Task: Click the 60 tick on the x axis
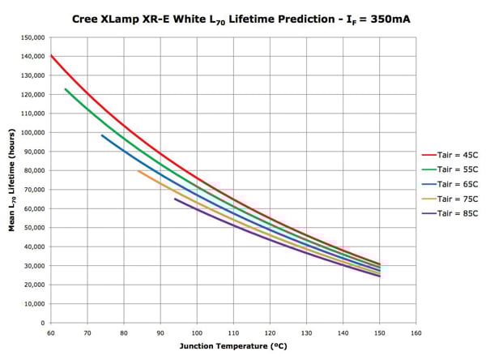click(50, 332)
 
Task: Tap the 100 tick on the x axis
click(196, 332)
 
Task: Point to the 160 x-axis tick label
click(416, 332)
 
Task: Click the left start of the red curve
click(51, 55)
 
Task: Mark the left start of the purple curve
click(175, 199)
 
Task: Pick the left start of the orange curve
click(139, 170)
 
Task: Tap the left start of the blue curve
click(102, 135)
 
